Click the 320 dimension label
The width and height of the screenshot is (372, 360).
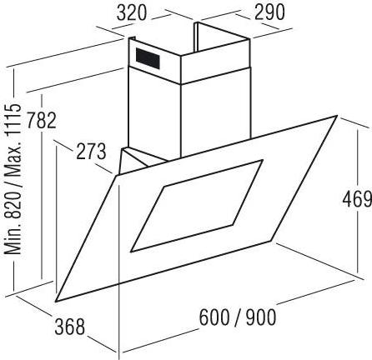(x=131, y=13)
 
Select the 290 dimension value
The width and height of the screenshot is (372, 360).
(x=269, y=12)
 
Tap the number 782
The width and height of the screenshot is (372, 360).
(x=42, y=120)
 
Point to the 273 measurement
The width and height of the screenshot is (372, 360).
(x=91, y=152)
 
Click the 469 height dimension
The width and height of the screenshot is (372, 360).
(x=357, y=199)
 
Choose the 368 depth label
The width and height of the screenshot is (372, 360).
(x=69, y=327)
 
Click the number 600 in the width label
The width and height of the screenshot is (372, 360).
(x=214, y=317)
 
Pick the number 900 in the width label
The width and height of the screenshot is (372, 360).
(x=261, y=317)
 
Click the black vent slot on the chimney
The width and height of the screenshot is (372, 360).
(x=148, y=58)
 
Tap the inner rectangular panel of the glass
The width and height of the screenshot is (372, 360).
(x=197, y=206)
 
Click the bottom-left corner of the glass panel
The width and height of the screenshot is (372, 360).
(x=57, y=302)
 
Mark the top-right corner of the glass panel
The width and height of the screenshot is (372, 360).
(x=337, y=116)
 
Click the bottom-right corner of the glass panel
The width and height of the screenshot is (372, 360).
(x=271, y=241)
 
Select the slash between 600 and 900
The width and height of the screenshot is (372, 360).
(x=238, y=318)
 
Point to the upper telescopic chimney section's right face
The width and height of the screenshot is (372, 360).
(x=214, y=61)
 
